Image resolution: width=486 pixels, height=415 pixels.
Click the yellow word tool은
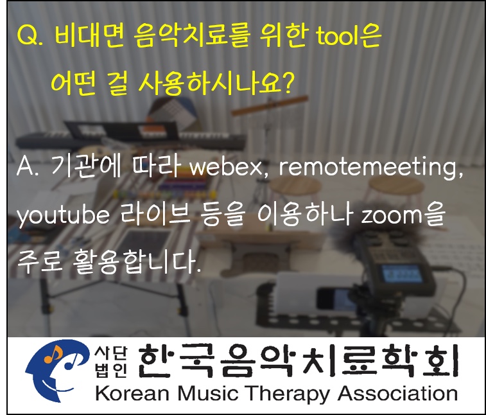click(x=349, y=37)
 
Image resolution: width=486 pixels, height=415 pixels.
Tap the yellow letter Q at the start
click(x=27, y=37)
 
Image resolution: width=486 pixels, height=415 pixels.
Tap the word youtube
click(x=63, y=216)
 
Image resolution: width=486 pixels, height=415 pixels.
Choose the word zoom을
click(x=403, y=215)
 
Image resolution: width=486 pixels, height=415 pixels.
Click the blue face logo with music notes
click(x=56, y=371)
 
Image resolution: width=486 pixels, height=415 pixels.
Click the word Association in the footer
click(x=397, y=393)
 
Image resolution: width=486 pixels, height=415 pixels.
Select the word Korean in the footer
click(x=132, y=394)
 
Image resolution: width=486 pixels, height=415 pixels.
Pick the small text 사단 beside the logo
click(x=110, y=353)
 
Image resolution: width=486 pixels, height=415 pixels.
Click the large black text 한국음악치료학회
click(x=298, y=361)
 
